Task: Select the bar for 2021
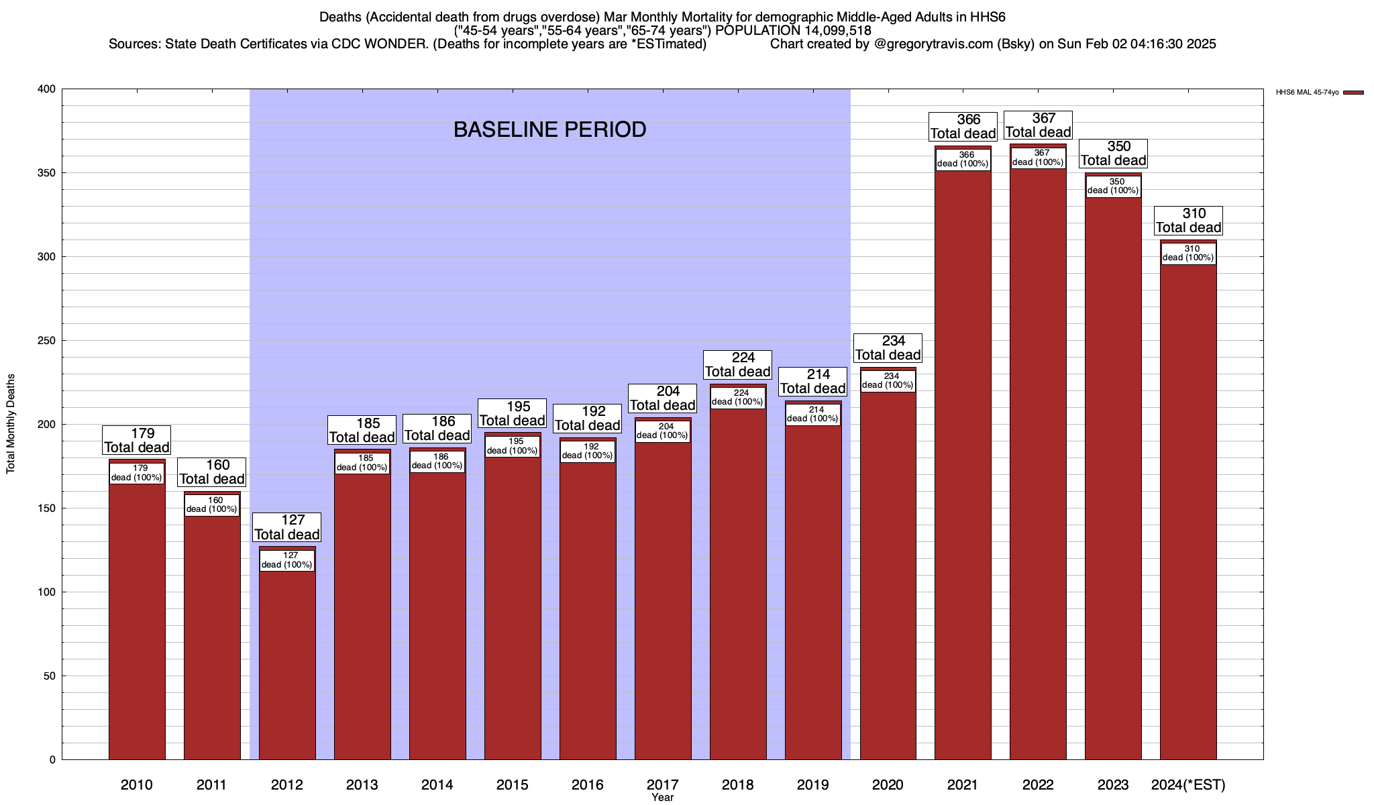pyautogui.click(x=963, y=470)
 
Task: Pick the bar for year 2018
pyautogui.click(x=738, y=584)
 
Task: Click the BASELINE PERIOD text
pyautogui.click(x=549, y=129)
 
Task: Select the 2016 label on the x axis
pyautogui.click(x=587, y=785)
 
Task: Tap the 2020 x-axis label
pyautogui.click(x=888, y=785)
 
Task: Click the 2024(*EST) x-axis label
pyautogui.click(x=1188, y=785)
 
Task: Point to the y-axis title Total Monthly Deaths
pyautogui.click(x=11, y=424)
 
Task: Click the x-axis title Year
pyautogui.click(x=662, y=798)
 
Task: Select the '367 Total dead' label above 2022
pyautogui.click(x=1038, y=125)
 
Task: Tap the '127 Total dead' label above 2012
pyautogui.click(x=287, y=527)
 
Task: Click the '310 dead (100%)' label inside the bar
pyautogui.click(x=1188, y=254)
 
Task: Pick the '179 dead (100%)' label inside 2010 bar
pyautogui.click(x=137, y=473)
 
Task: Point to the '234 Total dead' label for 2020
pyautogui.click(x=888, y=348)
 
